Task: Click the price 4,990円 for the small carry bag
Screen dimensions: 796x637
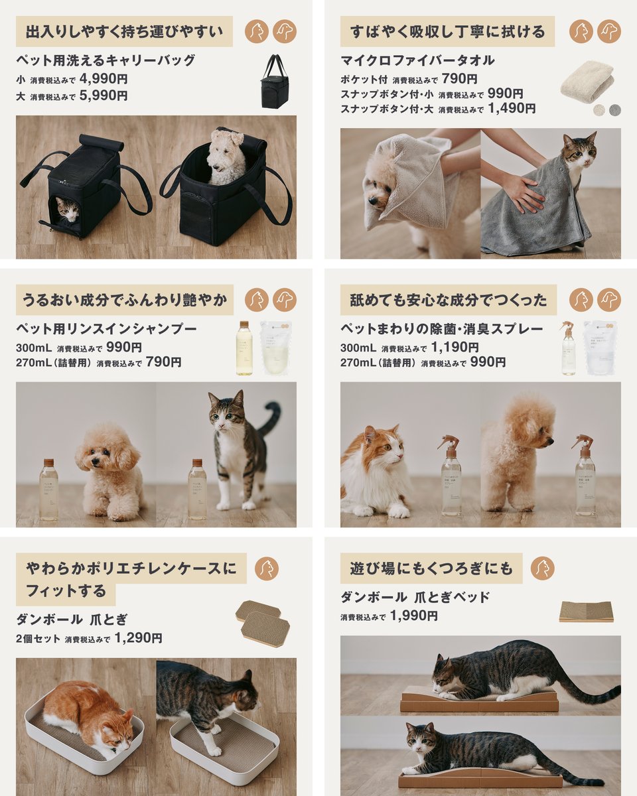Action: pos(104,78)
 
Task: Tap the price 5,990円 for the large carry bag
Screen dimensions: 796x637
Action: pos(104,95)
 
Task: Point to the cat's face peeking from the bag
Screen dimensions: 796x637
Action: pos(67,211)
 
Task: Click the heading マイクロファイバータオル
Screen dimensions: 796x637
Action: pos(417,60)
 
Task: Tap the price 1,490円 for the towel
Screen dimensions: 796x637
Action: pos(511,108)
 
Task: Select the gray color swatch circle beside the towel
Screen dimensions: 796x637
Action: pos(615,109)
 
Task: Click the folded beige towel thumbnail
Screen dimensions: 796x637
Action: pos(587,81)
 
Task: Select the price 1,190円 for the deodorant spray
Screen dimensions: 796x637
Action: pos(455,347)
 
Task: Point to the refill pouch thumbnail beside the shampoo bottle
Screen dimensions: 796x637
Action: pos(275,348)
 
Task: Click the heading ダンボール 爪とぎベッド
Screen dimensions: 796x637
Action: pos(415,597)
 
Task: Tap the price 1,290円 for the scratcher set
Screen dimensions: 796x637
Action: pos(138,638)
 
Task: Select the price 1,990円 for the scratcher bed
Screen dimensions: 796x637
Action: pos(413,616)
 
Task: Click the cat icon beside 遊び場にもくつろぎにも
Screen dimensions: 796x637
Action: pos(542,568)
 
